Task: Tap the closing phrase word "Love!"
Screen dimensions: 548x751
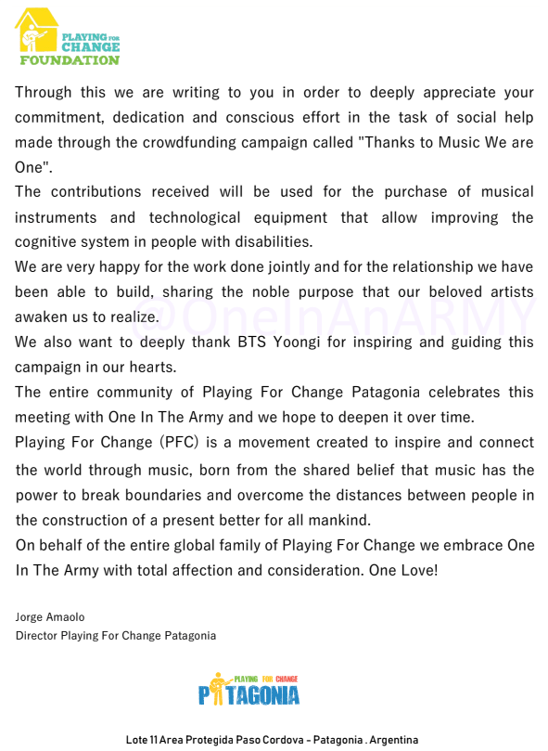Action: [415, 569]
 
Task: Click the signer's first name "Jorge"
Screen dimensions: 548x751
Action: [30, 617]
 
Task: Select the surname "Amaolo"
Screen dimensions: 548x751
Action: [70, 617]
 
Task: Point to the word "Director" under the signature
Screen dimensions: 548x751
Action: [36, 636]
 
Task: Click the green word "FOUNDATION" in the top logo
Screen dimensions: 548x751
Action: [70, 60]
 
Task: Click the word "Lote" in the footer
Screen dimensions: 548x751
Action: [136, 740]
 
